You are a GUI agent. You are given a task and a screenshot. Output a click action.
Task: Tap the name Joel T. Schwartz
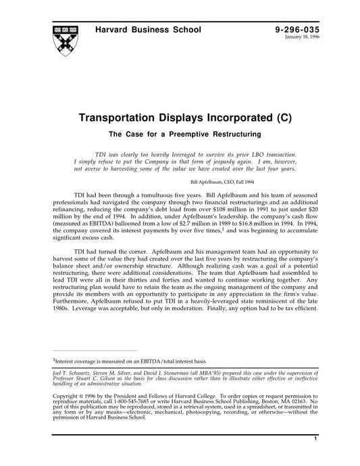(x=72, y=373)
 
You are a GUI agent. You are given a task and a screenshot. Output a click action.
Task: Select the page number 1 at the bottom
(x=315, y=457)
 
